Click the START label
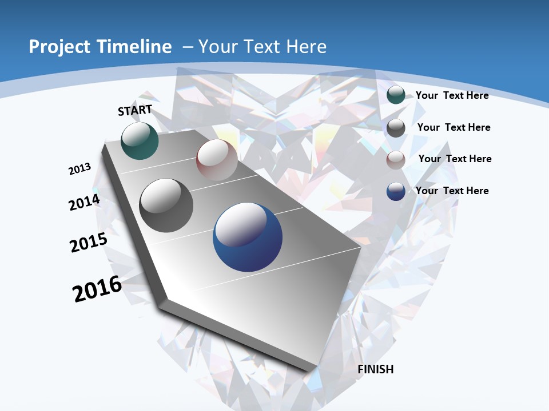pos(135,110)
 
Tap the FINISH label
pos(376,369)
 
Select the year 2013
pos(79,169)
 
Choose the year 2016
pos(97,289)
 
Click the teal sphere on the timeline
pos(140,140)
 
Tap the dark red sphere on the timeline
pos(217,160)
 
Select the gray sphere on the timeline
pos(166,205)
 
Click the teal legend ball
pos(396,95)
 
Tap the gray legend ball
pos(396,128)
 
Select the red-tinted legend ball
pos(396,160)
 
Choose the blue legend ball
pos(396,191)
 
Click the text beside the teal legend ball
pos(452,95)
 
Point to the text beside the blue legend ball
pos(452,191)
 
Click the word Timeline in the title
pos(134,47)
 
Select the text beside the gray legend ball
pos(453,127)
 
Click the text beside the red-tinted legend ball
pos(455,159)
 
